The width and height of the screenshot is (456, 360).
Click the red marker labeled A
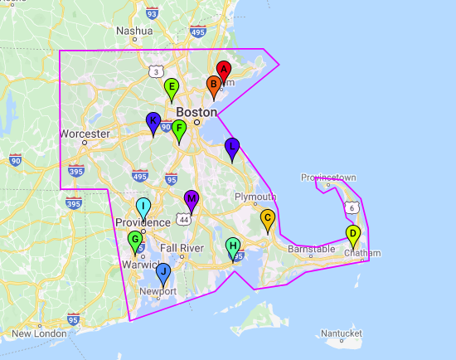[223, 71]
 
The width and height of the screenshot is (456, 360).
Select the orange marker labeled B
[213, 85]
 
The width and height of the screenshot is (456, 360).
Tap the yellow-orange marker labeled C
[267, 217]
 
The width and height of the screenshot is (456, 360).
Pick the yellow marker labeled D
[352, 234]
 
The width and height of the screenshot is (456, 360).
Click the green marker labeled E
[172, 87]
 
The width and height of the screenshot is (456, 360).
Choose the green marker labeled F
[178, 129]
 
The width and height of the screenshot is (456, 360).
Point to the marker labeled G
[135, 240]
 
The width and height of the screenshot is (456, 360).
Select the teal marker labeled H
[234, 246]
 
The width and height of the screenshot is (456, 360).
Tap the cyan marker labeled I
[143, 207]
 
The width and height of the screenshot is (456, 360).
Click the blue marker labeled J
[163, 271]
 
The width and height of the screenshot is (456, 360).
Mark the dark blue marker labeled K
[153, 121]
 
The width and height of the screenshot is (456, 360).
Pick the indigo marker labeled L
[232, 146]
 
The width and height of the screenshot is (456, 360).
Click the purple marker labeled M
[192, 199]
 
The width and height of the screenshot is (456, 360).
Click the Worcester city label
[85, 134]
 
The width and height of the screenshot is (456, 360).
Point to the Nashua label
[134, 31]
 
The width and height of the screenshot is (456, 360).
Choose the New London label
[38, 333]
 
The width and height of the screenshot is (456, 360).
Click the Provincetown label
[328, 178]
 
